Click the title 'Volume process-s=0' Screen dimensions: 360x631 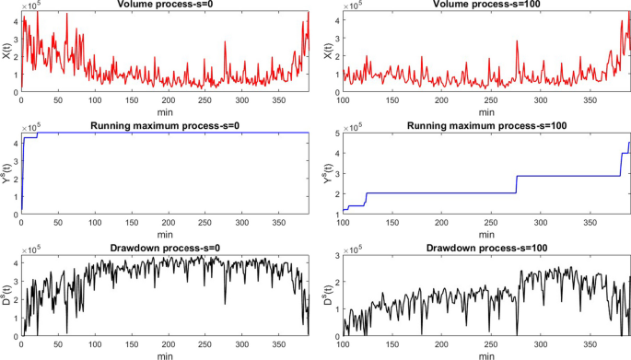click(166, 5)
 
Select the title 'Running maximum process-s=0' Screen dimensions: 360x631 click(166, 125)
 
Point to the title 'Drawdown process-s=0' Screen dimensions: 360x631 click(166, 248)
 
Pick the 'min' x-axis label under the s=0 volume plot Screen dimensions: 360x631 click(166, 110)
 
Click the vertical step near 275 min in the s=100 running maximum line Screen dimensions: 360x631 click(517, 184)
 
